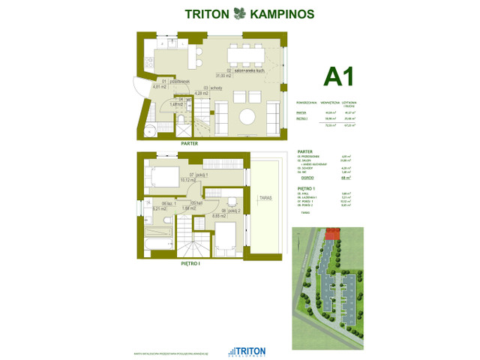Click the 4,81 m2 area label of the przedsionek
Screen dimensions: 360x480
[x=158, y=87]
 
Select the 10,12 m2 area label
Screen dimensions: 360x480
[x=187, y=180]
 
